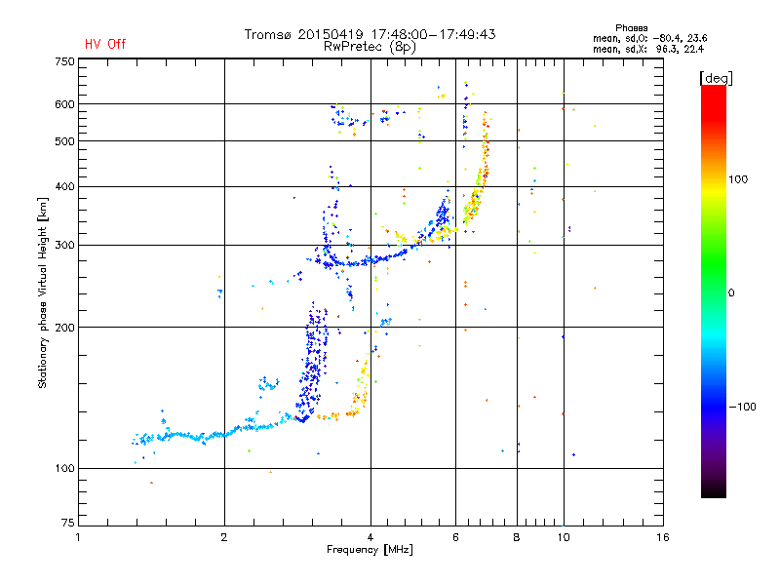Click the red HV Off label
pyautogui.click(x=105, y=44)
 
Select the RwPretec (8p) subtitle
pyautogui.click(x=370, y=47)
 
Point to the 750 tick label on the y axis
pyautogui.click(x=64, y=61)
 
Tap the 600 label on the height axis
pyautogui.click(x=64, y=104)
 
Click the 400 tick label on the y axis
pyautogui.click(x=64, y=186)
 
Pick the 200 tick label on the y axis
pyautogui.click(x=64, y=328)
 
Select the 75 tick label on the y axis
pyautogui.click(x=68, y=523)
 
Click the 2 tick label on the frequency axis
pyautogui.click(x=224, y=537)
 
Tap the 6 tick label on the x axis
pyautogui.click(x=455, y=537)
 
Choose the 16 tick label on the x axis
pyautogui.click(x=663, y=537)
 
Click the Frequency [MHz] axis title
pyautogui.click(x=370, y=550)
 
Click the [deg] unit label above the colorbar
pyautogui.click(x=716, y=78)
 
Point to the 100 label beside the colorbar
pyautogui.click(x=738, y=179)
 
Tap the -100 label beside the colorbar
pyautogui.click(x=742, y=407)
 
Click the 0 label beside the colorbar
pyautogui.click(x=731, y=292)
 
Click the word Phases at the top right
pyautogui.click(x=631, y=28)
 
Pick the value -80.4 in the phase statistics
pyautogui.click(x=667, y=38)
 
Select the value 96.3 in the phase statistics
pyautogui.click(x=668, y=49)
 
